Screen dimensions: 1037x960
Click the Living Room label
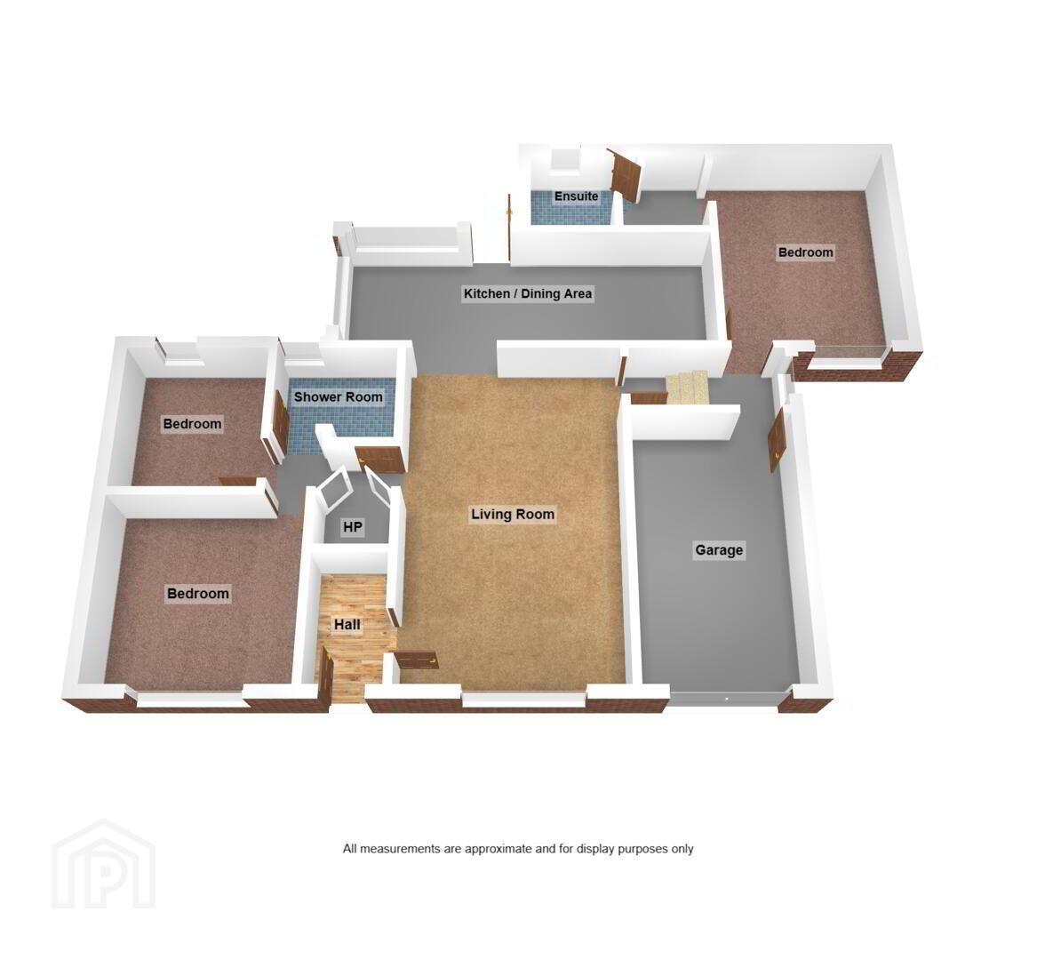[513, 514]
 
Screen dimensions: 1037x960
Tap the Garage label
[719, 550]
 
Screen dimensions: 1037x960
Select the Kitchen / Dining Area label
[528, 293]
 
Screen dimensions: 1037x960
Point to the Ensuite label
[576, 196]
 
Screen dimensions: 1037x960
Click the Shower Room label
[338, 397]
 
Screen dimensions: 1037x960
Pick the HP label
[353, 527]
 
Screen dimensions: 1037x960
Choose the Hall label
[347, 625]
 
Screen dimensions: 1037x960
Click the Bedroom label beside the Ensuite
[806, 252]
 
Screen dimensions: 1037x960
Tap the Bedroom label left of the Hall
[198, 594]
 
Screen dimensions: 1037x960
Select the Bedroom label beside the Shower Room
[193, 423]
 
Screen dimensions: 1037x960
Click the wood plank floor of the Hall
[354, 636]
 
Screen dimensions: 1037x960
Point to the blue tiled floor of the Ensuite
[575, 208]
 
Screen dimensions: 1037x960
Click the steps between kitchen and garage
[687, 387]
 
